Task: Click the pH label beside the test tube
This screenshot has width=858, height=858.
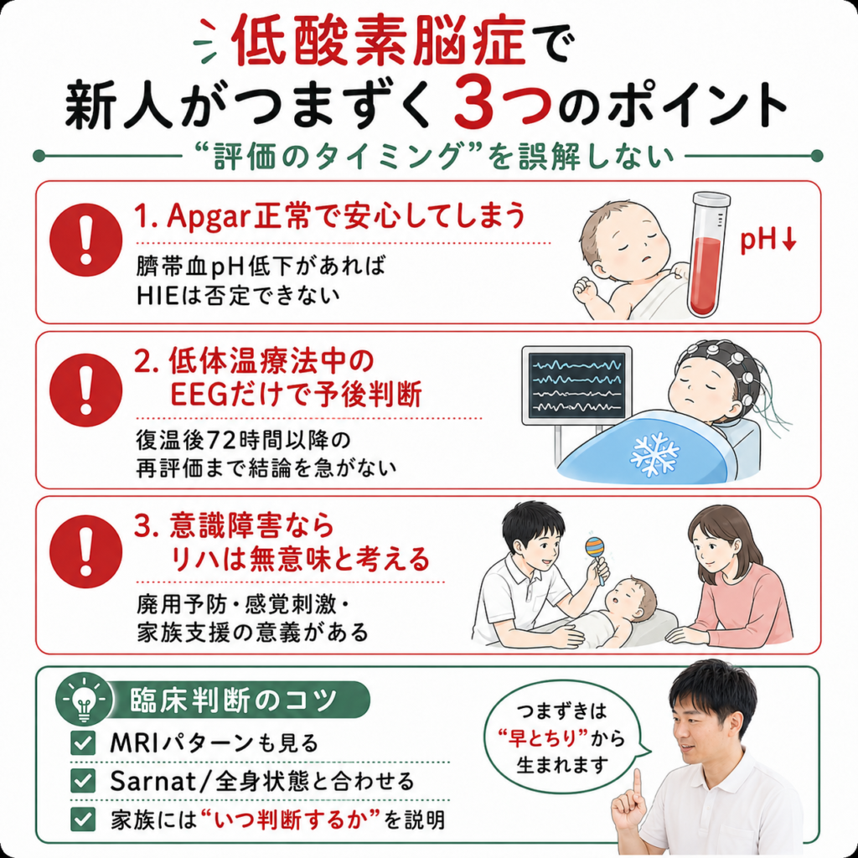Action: click(768, 240)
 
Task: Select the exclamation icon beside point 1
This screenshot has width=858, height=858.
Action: click(85, 240)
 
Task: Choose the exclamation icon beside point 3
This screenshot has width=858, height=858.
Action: click(85, 551)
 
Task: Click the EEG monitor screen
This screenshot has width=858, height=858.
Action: click(576, 385)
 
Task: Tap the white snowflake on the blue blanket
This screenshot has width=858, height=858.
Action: click(654, 453)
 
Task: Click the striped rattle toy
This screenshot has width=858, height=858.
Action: click(597, 554)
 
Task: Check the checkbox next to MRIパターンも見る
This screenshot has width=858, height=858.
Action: click(83, 742)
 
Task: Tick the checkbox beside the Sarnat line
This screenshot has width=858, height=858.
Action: click(83, 781)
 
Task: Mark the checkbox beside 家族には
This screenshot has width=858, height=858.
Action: click(83, 819)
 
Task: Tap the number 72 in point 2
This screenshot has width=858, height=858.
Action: click(221, 440)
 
